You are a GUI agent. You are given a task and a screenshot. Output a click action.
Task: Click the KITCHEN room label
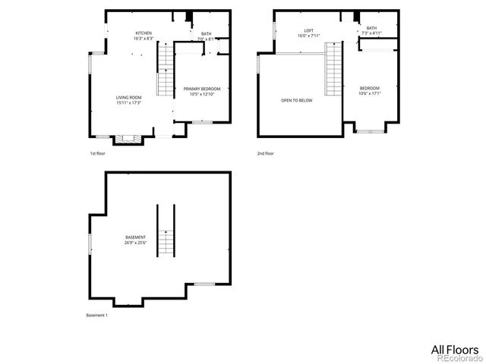(144, 33)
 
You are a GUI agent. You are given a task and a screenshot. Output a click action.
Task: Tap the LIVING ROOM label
(130, 98)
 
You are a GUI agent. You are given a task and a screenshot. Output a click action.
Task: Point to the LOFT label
(298, 30)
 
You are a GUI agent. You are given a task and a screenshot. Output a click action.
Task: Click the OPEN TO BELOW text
(296, 100)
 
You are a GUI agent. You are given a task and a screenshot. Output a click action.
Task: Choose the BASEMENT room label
(136, 237)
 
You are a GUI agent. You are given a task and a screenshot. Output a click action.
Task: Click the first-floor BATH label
(207, 33)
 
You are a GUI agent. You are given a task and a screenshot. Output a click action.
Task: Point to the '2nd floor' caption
(265, 153)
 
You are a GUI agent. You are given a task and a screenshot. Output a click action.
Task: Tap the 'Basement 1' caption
(96, 315)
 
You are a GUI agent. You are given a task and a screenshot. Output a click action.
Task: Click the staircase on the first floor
(166, 70)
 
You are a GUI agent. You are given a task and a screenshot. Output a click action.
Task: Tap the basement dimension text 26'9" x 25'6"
(136, 243)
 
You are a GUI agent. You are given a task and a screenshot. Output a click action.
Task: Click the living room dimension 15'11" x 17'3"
(130, 103)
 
